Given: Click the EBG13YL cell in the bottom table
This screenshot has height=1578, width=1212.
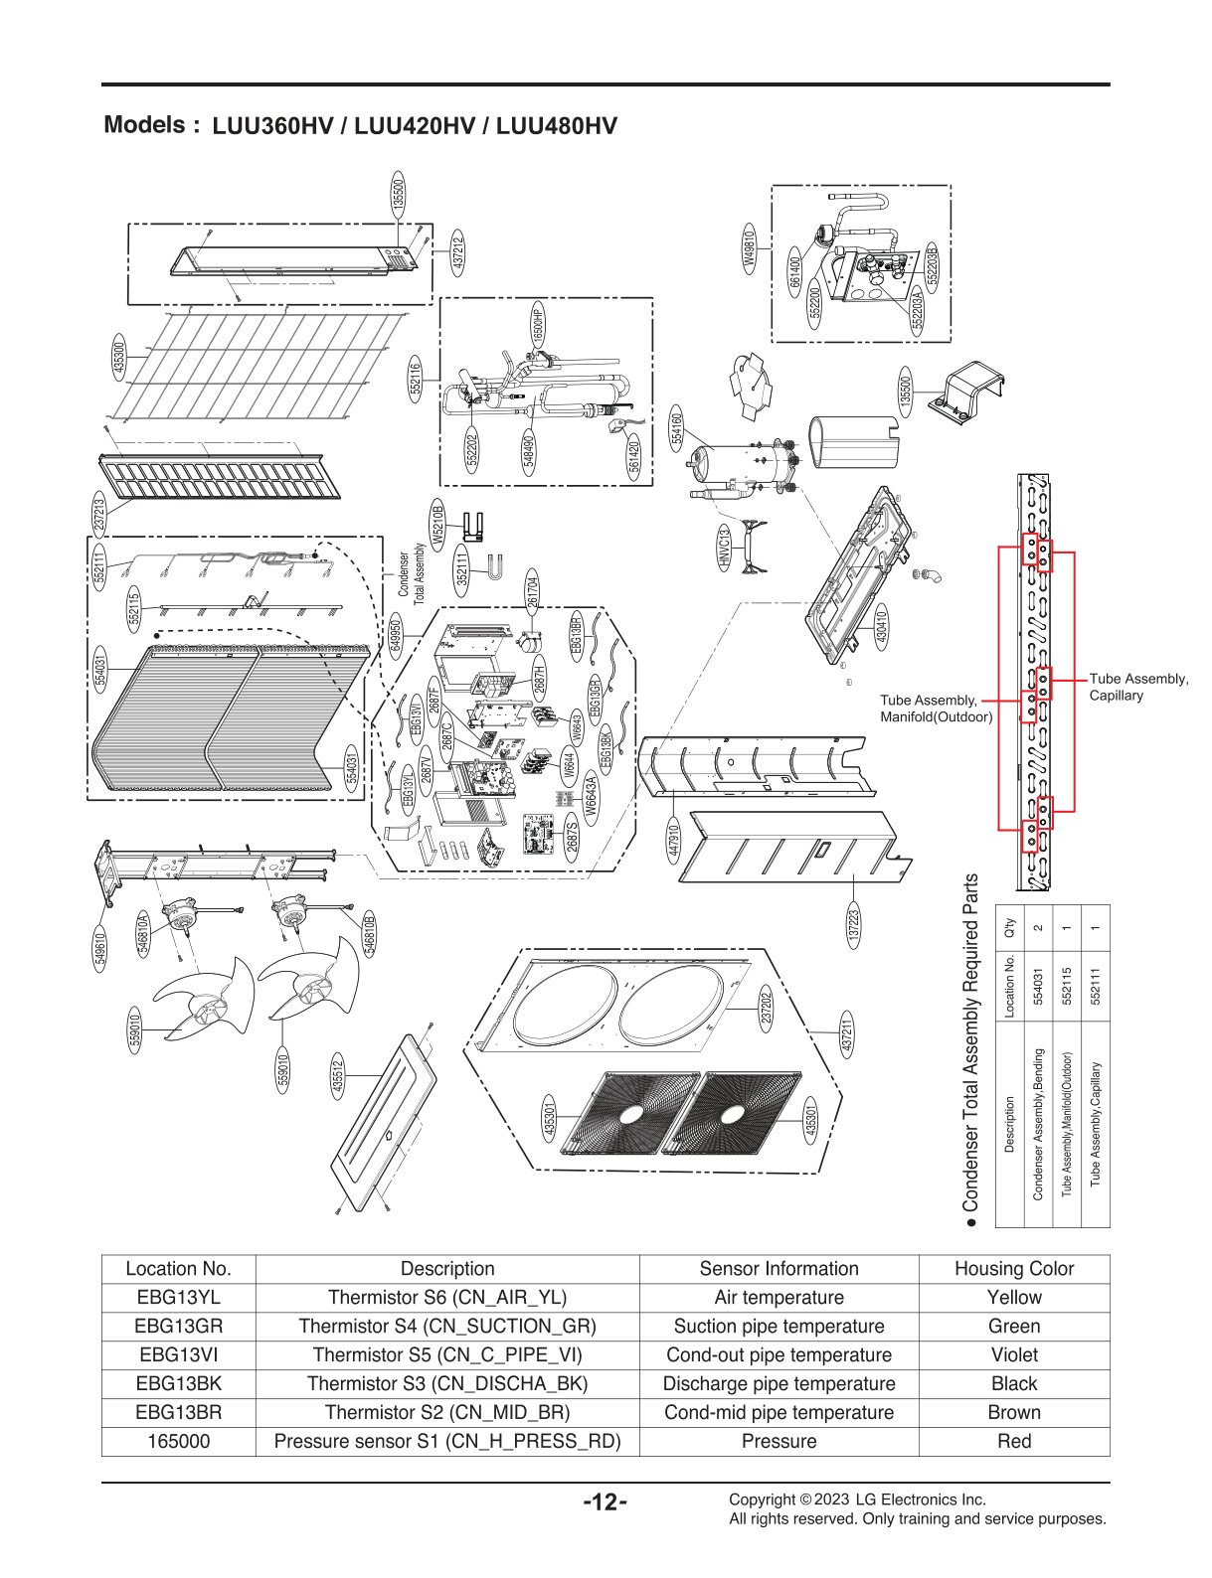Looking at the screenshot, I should click(x=179, y=1297).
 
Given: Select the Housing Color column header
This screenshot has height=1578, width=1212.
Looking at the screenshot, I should click(x=1013, y=1268).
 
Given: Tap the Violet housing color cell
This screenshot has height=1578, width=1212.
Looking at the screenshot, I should click(x=1013, y=1354).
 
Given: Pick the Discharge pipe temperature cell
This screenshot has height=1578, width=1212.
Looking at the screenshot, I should click(x=779, y=1383).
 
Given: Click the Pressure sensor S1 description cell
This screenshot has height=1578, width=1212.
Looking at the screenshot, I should click(x=447, y=1441).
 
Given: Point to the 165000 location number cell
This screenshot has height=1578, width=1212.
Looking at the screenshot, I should click(x=179, y=1441).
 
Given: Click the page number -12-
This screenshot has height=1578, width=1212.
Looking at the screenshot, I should click(x=605, y=1501).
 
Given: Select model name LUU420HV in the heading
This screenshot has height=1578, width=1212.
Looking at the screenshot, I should click(x=415, y=126).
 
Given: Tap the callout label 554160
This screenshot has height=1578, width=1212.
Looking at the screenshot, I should click(x=677, y=428).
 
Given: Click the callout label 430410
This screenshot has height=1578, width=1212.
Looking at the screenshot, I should click(x=881, y=628).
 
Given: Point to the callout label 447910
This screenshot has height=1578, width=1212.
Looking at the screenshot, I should click(x=673, y=841).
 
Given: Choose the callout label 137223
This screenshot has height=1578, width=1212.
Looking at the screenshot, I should click(x=853, y=926).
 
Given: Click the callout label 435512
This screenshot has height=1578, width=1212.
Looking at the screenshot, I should click(x=338, y=1076).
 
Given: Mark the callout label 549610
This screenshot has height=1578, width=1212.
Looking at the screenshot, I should click(x=100, y=948).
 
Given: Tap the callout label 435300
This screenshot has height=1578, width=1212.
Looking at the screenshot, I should click(x=119, y=358).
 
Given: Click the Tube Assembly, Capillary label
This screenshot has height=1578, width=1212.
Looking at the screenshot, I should click(x=1137, y=687).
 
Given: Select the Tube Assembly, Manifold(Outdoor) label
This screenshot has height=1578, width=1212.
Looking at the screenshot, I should click(x=935, y=709).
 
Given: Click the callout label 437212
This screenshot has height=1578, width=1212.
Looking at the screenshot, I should click(x=457, y=254).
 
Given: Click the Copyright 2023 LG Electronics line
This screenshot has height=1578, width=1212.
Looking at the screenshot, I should click(x=857, y=1499).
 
